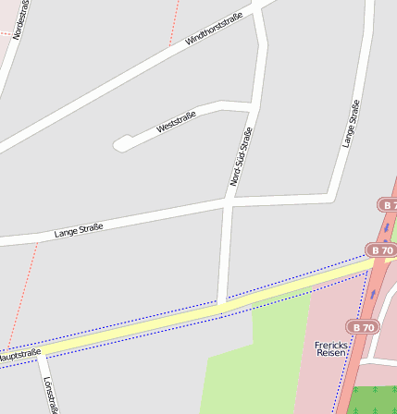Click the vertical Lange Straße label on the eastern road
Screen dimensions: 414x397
[350, 125]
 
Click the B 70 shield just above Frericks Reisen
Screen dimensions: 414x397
[364, 327]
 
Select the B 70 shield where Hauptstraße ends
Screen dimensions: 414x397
[381, 250]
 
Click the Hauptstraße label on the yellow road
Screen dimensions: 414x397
[20, 354]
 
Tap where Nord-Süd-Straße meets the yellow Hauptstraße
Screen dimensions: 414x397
[220, 305]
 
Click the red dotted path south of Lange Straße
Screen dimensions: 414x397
[23, 286]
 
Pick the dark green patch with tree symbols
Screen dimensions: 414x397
[370, 399]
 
